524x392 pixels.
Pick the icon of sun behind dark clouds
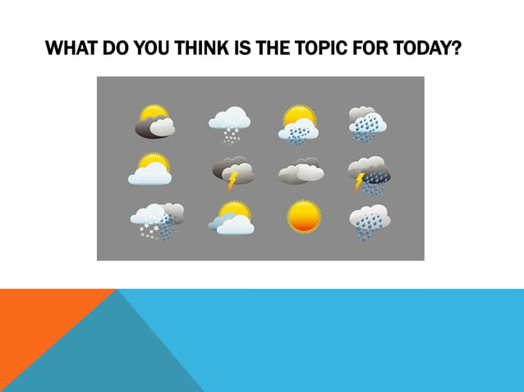pyautogui.click(x=154, y=121)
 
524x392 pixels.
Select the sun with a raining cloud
pyautogui.click(x=299, y=123)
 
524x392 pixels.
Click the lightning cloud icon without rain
pyautogui.click(x=233, y=171)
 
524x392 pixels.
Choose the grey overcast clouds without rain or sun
pyautogui.click(x=301, y=171)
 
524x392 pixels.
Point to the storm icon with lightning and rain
pyautogui.click(x=369, y=173)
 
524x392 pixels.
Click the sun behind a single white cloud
pyautogui.click(x=150, y=169)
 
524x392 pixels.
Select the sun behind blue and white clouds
pyautogui.click(x=231, y=218)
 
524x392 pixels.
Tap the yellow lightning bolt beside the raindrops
pyautogui.click(x=359, y=182)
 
